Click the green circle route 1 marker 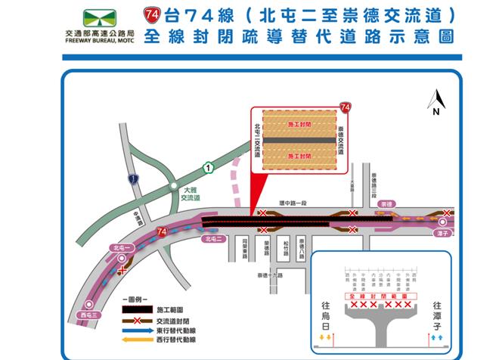pyautogui.click(x=208, y=166)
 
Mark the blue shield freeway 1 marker pyautogui.click(x=134, y=179)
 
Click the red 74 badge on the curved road pyautogui.click(x=161, y=230)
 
